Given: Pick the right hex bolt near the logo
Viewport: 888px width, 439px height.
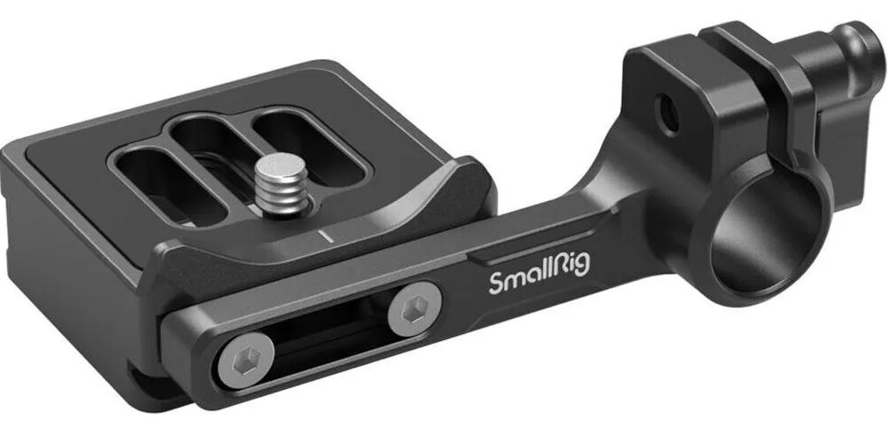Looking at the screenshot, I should [x=413, y=312].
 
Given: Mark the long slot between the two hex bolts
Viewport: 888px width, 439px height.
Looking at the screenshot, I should [x=322, y=340].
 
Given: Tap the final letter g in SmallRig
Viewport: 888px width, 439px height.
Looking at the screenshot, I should [x=582, y=274].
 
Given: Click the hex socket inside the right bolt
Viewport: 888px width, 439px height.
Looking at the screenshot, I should [x=413, y=312].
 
